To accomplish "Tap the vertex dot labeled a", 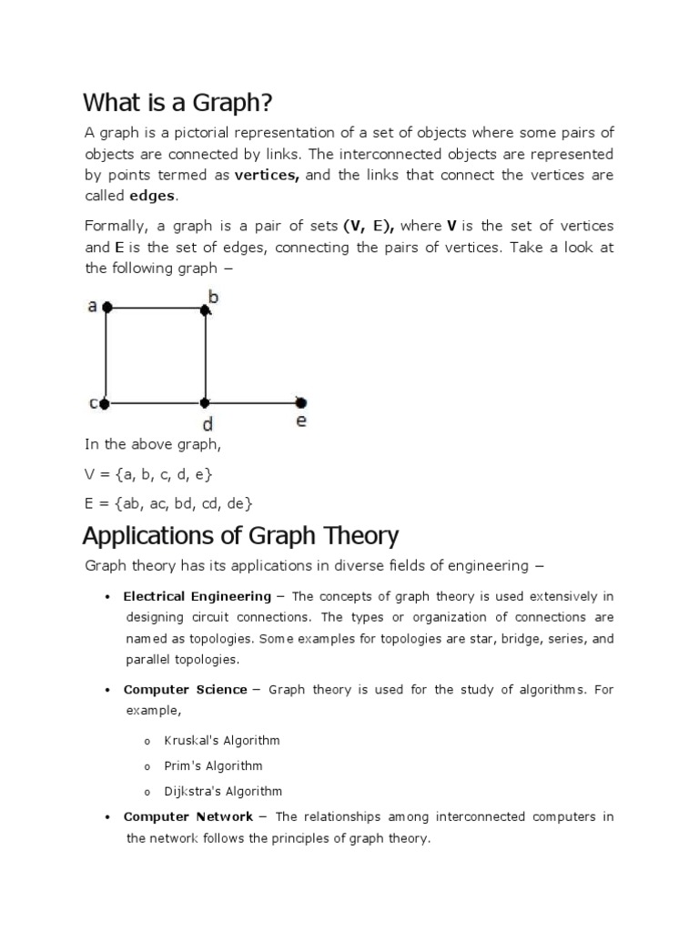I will [x=107, y=309].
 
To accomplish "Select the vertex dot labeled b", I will [x=206, y=309].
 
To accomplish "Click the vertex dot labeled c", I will [x=106, y=402].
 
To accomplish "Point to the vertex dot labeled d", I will [x=205, y=402].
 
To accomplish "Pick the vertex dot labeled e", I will [x=301, y=402].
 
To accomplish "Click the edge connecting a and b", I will [x=157, y=309].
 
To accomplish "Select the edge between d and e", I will [x=253, y=402].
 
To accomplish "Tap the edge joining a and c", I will [x=106, y=355].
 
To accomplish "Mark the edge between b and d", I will [x=206, y=355].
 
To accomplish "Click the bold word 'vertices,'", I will [x=268, y=175].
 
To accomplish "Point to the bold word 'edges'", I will [x=153, y=196].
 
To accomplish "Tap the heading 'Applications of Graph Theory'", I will [x=240, y=535].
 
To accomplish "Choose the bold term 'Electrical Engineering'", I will [x=197, y=597].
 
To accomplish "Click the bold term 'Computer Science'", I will [x=185, y=690].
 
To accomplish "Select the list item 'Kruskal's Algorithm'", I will [x=222, y=741].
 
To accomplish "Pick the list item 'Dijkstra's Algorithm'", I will [x=223, y=791].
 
